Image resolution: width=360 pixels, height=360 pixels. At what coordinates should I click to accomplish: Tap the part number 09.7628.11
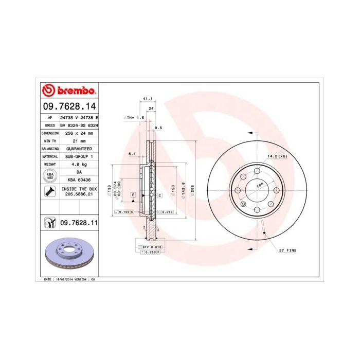coord(79,223)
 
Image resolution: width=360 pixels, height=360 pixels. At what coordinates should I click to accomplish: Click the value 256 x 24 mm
coord(78,133)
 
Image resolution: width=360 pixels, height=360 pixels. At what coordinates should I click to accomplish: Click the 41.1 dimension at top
coord(148,98)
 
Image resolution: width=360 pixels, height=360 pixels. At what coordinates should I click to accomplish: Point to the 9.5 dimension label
coord(158,128)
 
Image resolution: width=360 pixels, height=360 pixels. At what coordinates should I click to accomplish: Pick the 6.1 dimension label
coord(132,153)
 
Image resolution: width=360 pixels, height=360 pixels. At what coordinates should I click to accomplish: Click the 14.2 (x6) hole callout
coord(276,156)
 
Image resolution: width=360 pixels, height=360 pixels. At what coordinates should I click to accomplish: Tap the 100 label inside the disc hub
coord(260,184)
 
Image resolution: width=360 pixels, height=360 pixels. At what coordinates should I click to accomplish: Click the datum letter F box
coord(133,195)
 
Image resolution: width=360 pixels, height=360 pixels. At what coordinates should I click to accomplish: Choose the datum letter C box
coord(160,195)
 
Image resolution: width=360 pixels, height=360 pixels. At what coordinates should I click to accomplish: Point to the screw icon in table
coord(49,192)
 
